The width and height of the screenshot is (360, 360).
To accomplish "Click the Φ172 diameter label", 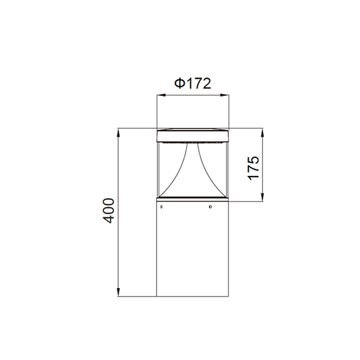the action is tap(193, 83).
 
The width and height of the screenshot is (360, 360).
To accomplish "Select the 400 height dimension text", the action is tap(108, 211).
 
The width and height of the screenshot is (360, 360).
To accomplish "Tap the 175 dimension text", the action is tap(253, 168).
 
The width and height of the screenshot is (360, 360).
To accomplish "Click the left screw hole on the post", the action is tap(161, 207).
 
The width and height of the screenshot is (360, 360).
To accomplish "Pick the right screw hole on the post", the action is tap(210, 207).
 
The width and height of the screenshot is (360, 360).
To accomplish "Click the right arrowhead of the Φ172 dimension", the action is tap(225, 95).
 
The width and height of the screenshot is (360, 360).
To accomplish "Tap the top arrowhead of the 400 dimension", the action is tap(119, 133).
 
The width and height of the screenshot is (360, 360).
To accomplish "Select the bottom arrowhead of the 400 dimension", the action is tap(119, 292).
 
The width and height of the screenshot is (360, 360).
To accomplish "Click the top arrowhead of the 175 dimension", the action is tap(263, 133).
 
